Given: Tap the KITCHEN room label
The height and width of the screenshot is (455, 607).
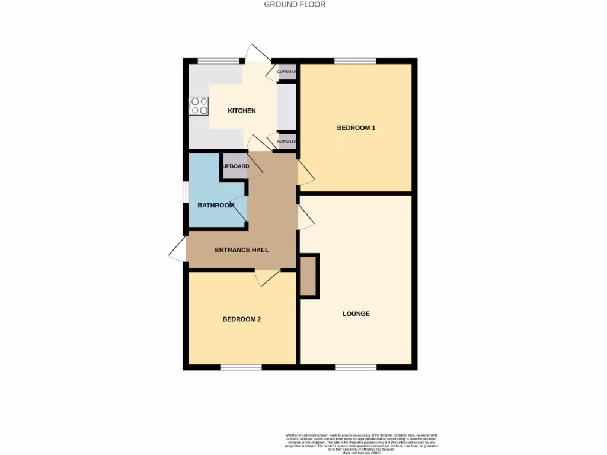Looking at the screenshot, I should (242, 111).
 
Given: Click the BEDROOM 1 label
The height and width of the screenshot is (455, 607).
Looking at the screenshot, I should (356, 127).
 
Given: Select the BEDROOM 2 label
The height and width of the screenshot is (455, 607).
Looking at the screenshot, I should (242, 319).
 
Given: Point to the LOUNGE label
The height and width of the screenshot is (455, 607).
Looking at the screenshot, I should (356, 313).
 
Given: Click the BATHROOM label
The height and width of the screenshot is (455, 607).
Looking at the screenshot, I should (216, 206).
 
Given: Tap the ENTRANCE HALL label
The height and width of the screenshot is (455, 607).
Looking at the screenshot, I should (241, 250).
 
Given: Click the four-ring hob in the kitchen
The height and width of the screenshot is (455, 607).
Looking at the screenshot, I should (199, 106).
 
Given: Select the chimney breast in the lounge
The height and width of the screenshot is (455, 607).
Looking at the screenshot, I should (308, 275).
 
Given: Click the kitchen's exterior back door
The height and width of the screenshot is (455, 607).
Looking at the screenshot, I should (259, 53).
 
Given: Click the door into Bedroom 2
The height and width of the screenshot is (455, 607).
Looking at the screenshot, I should (267, 277).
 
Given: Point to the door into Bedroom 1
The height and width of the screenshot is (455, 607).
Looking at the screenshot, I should (306, 171).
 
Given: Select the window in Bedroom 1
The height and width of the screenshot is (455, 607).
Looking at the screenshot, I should (355, 60).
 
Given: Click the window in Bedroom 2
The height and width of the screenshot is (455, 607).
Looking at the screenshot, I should (241, 367).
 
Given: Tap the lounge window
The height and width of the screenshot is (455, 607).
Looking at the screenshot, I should (356, 367).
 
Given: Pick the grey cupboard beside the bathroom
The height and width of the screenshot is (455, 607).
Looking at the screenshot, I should (234, 166).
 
